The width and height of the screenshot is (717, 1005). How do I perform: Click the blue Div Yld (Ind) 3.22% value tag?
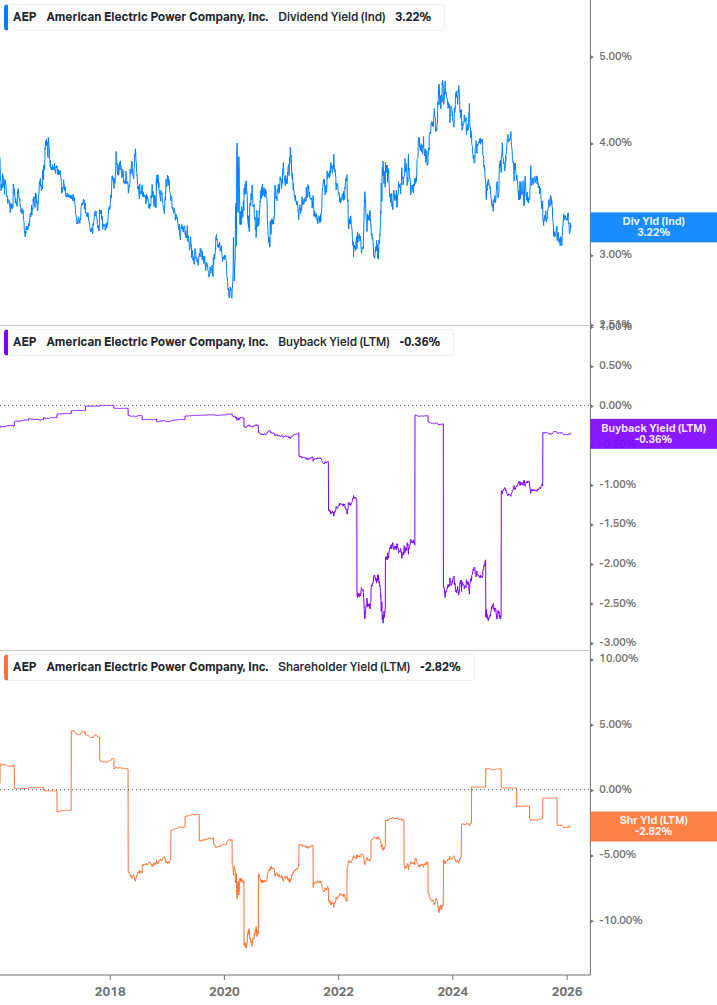coord(654,227)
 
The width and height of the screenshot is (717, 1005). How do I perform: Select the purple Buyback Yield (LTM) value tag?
coord(654,433)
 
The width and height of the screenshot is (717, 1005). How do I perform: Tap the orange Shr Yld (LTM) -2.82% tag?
coord(654,826)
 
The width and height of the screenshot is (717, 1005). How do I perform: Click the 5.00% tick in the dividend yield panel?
coord(614,57)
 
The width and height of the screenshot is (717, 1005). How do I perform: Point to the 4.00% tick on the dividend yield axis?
coord(614,143)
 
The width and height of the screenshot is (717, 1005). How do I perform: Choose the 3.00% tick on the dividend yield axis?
coord(614,255)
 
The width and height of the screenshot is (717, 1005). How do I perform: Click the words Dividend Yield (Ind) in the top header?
coord(330,18)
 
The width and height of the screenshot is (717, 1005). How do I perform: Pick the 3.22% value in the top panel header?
coord(412,18)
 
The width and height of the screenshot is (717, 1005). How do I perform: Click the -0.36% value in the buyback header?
coord(419,342)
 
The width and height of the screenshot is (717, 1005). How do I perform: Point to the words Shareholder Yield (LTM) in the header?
coord(344,667)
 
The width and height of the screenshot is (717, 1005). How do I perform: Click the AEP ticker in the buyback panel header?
coord(24,342)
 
